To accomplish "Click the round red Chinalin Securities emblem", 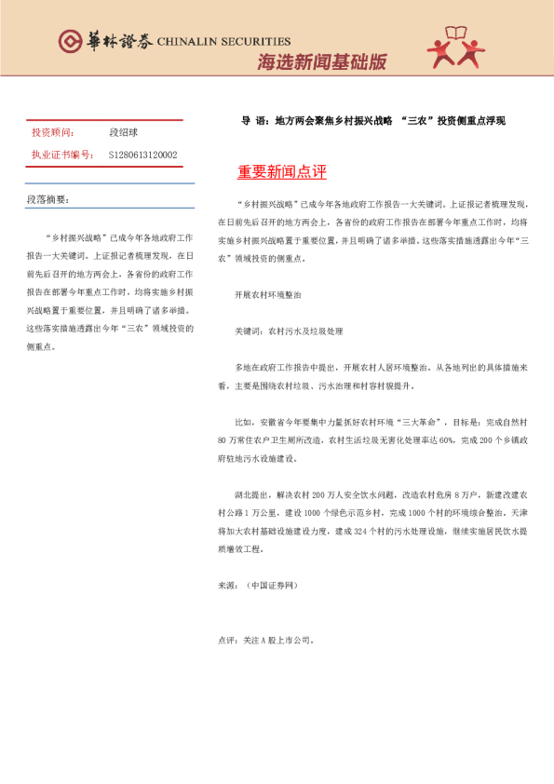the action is coord(71,41).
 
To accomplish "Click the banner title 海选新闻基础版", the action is coord(321,62).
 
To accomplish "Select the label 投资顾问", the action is coord(53,133).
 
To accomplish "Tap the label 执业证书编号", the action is coord(61,155).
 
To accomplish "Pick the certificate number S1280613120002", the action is coord(142,155).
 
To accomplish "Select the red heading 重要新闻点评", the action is coord(281,173).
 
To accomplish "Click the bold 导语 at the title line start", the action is coord(252,120).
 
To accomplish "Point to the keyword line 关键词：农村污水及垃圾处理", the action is coord(289,331).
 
